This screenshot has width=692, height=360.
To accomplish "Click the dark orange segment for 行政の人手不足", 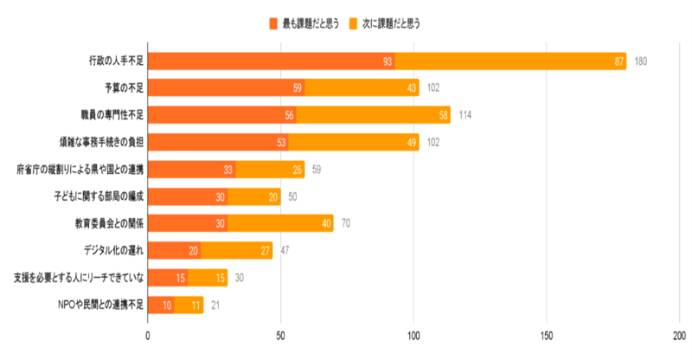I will pyautogui.click(x=272, y=61).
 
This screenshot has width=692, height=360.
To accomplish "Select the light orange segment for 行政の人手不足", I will pyautogui.click(x=510, y=61).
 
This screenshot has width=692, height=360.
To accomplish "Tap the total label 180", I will pyautogui.click(x=641, y=61).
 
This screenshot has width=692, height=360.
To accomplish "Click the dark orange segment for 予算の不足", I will pyautogui.click(x=227, y=87).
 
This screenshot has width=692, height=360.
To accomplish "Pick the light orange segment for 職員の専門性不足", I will pyautogui.click(x=374, y=115).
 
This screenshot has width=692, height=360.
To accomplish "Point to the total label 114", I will pyautogui.click(x=465, y=115).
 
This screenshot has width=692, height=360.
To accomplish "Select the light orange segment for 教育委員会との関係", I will pyautogui.click(x=280, y=223).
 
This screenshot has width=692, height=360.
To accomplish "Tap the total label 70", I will pyautogui.click(x=346, y=223).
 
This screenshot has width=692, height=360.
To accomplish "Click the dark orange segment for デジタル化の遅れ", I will pyautogui.click(x=175, y=251).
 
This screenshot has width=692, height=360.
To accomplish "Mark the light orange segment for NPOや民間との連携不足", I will pyautogui.click(x=189, y=305).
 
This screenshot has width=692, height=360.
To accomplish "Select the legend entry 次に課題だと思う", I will pyautogui.click(x=386, y=23).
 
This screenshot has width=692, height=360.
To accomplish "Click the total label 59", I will pyautogui.click(x=317, y=170).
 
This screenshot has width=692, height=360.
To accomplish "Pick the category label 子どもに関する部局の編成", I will pyautogui.click(x=97, y=196).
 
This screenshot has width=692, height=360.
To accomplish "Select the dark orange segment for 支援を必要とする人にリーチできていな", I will pyautogui.click(x=168, y=278).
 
